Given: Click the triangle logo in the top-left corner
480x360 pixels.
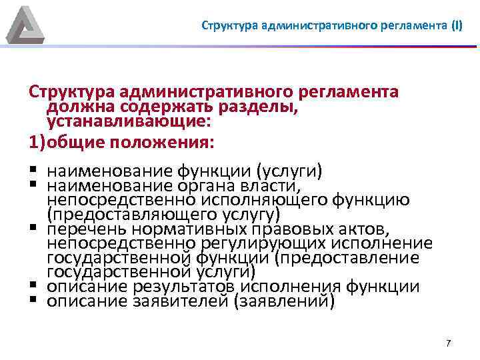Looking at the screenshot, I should click(25, 25).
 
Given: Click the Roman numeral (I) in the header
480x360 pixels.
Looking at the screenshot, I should click(456, 27).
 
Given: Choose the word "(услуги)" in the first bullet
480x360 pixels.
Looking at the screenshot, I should click(290, 171).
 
